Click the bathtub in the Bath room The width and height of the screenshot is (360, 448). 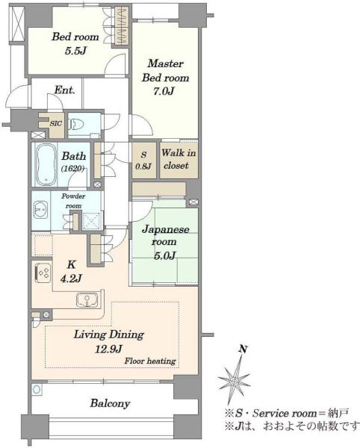(x=46, y=164)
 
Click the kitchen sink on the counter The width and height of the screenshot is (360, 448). (x=87, y=300)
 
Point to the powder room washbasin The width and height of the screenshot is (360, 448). (x=40, y=210)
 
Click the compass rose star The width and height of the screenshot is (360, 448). (x=234, y=381)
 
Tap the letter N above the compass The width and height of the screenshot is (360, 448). (x=243, y=349)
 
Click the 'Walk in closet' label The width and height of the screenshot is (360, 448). (x=179, y=159)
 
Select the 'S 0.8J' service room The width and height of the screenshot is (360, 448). (x=143, y=161)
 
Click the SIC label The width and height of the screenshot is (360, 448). (x=56, y=124)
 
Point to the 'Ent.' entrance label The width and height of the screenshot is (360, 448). (x=64, y=90)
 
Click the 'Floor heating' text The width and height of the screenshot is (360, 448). (x=150, y=361)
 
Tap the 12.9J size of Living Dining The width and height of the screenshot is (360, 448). (x=108, y=349)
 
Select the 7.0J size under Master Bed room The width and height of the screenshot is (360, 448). (x=164, y=91)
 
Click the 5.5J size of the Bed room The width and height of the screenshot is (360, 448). (x=75, y=51)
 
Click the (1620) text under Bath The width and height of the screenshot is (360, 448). (x=73, y=169)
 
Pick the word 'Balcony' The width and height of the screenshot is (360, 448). (x=110, y=403)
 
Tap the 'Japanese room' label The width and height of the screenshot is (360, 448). (x=165, y=235)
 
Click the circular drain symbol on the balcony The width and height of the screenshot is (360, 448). (x=37, y=390)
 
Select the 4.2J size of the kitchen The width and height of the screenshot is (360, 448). (x=71, y=278)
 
